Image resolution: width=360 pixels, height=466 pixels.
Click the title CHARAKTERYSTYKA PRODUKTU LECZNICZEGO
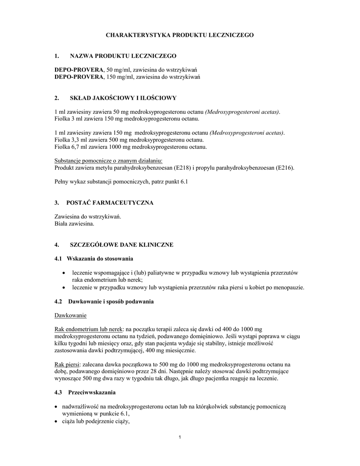[180, 35]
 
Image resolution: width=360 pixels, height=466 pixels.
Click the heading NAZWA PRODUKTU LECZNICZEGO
[122, 56]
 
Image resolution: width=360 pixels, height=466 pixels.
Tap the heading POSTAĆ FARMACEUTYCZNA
[111, 203]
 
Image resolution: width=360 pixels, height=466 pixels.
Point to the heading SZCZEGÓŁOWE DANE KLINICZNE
[121, 245]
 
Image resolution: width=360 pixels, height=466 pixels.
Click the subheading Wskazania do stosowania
[100, 258]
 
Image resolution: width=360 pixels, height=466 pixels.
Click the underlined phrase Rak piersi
[66, 365]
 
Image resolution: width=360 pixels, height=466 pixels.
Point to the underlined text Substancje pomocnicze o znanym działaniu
[108, 161]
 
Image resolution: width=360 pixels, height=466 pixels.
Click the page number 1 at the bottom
[180, 438]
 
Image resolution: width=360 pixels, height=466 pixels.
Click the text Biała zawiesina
[74, 224]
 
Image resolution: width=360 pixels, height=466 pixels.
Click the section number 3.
[56, 203]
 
